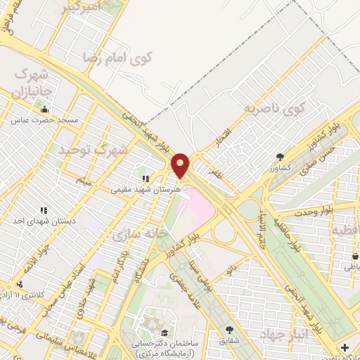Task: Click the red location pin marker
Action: click(181, 165)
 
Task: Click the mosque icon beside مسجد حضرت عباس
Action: click(45, 110)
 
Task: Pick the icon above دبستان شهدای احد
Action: click(44, 210)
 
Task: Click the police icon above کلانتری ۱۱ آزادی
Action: click(20, 283)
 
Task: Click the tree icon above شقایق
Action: click(229, 329)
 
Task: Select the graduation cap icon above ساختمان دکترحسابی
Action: click(165, 333)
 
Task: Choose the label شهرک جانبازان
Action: click(33, 82)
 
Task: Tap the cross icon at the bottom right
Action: click(345, 347)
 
